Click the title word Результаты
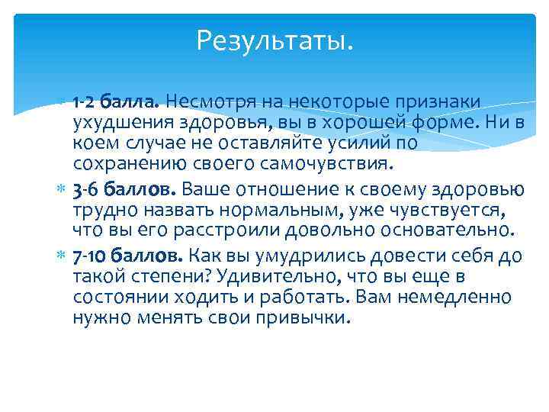point(274,40)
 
